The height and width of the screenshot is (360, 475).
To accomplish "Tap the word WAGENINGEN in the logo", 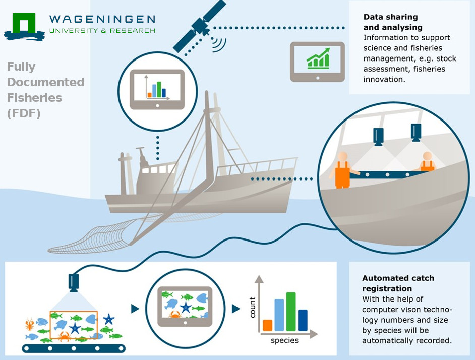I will (102, 20).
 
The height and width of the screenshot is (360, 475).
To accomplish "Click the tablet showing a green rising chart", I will (317, 61).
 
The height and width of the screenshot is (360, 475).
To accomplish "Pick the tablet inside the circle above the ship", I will (157, 89).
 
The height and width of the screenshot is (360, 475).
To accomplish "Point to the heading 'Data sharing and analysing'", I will (393, 22).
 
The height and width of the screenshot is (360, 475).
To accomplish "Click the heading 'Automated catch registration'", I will (398, 283).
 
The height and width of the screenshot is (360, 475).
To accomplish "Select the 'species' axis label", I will (284, 340).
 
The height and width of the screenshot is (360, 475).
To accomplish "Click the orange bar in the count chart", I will (268, 324).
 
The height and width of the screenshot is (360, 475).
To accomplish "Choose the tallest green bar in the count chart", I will (291, 311).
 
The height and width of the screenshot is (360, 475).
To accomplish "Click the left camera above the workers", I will (378, 136).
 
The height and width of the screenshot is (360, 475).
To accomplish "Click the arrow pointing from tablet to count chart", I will (235, 309).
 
